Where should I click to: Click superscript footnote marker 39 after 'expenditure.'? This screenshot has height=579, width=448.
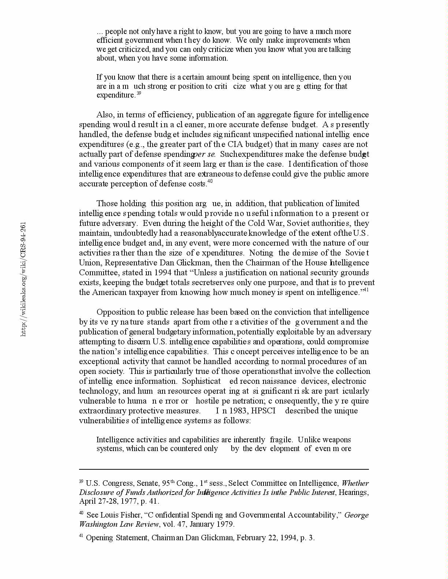(139, 93)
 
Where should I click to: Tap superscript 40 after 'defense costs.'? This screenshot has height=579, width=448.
(210, 181)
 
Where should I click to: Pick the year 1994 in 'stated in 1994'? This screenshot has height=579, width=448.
(164, 273)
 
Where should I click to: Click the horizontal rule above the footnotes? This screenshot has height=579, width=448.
(224, 469)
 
